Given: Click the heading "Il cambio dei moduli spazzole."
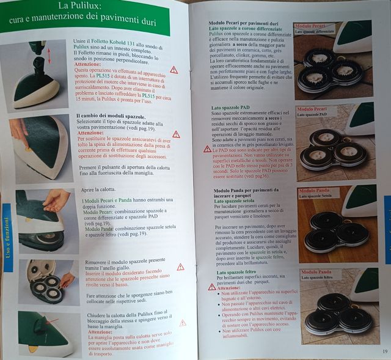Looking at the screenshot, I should (111, 116).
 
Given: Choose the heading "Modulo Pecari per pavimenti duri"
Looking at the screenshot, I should (244, 23).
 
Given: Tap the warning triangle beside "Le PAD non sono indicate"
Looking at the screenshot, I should (208, 149).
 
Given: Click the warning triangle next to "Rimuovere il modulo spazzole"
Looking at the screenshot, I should (180, 266).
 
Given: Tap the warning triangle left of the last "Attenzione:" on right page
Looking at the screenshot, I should (212, 286).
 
